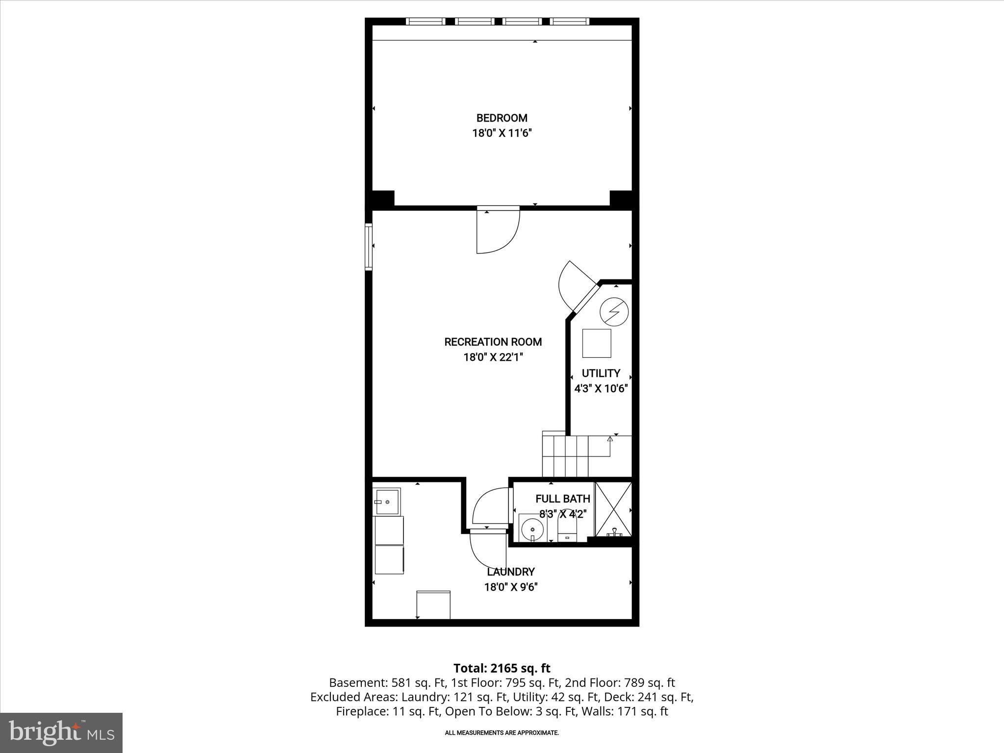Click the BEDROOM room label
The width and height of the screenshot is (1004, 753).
click(502, 118)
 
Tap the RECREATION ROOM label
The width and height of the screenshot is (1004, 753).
click(493, 342)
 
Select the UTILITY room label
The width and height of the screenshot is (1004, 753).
click(601, 373)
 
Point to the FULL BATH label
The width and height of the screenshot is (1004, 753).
click(563, 499)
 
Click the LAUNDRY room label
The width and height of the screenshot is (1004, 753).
click(511, 572)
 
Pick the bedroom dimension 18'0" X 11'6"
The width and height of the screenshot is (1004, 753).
click(502, 133)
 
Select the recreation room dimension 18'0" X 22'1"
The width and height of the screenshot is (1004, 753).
click(493, 357)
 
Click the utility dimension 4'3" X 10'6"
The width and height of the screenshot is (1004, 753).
click(601, 389)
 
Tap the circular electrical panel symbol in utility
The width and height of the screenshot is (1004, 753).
click(615, 312)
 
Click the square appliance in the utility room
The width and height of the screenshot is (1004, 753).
click(597, 343)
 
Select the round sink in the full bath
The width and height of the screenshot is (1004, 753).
click(532, 529)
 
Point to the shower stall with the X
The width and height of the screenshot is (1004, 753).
click(613, 509)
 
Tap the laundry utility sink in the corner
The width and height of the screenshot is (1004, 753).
click(387, 502)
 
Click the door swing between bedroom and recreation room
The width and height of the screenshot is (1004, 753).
click(498, 230)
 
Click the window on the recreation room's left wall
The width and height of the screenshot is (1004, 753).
click(369, 247)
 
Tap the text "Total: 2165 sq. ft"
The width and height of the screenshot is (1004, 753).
click(502, 668)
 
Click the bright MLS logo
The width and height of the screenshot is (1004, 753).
click(61, 732)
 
